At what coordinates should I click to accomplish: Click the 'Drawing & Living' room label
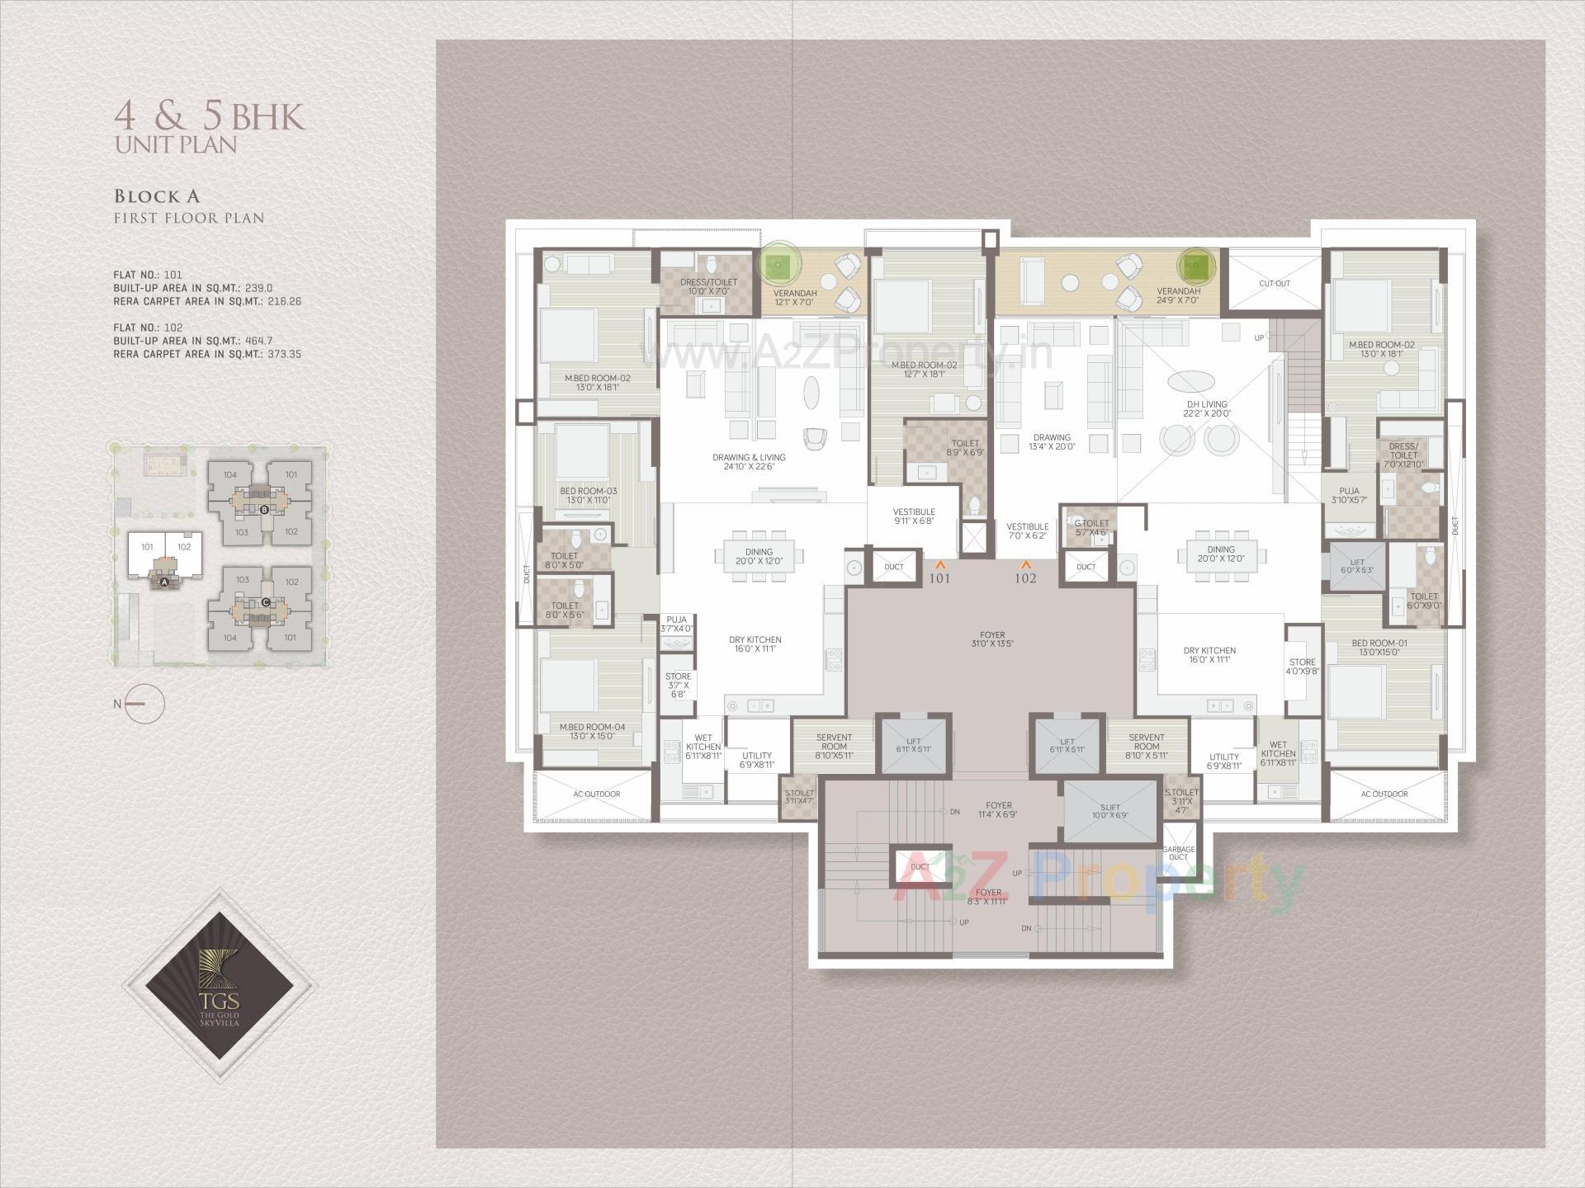pos(749,462)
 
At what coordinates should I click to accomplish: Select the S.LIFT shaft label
pos(1109,810)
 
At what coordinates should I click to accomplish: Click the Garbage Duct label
pos(1178,853)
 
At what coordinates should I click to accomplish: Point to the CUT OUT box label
pos(1274,284)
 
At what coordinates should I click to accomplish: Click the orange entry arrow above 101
pos(939,565)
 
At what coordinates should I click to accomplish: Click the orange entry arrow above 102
pos(1025,565)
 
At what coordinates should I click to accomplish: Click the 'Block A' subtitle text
pos(157,196)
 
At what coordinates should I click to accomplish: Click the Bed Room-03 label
pos(588,496)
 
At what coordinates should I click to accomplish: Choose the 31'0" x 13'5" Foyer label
pos(991,640)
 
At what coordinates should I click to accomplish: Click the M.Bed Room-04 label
pos(592,731)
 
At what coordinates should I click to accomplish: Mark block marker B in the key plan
pos(264,510)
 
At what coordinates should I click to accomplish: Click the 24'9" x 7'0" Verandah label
pos(1178,296)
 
